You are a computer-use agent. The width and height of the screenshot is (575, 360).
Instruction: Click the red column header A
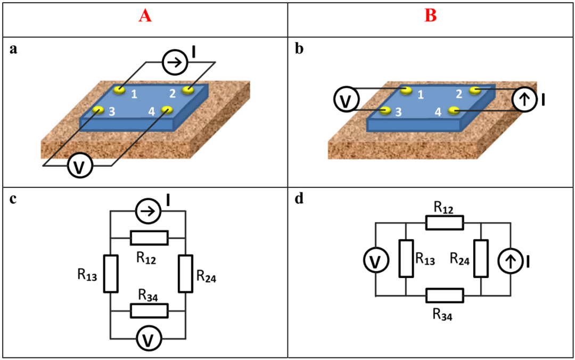145,17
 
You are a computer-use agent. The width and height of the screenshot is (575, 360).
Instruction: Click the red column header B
430,17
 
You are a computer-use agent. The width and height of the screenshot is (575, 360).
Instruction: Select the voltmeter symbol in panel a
80,167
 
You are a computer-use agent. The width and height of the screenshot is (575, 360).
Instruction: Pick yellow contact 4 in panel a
167,110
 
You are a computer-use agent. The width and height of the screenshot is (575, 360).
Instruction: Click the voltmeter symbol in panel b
346,100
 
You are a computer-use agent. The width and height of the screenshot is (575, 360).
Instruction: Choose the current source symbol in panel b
525,100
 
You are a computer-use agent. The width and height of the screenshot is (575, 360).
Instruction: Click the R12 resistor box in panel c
149,238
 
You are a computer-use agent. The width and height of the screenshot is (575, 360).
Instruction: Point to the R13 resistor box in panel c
111,274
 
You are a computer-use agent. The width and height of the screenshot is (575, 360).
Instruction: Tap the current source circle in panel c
147,212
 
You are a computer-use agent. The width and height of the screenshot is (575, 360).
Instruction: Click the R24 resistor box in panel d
481,259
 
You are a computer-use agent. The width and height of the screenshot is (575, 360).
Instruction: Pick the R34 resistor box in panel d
445,295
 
